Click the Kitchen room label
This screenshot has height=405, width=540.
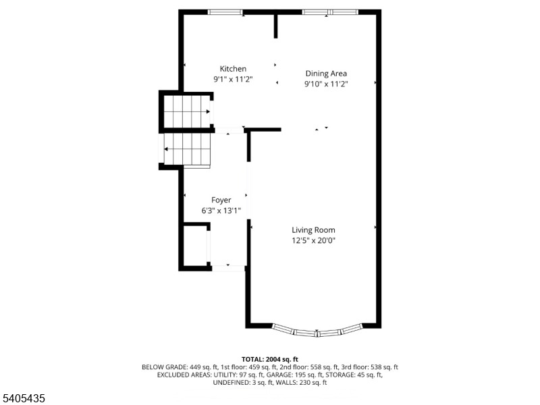pos(233,69)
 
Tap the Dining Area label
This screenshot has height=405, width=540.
pos(326,74)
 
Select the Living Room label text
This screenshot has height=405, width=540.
pos(313,230)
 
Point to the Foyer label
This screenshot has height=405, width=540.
pos(221,200)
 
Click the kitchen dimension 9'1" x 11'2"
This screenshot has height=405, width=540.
pos(233,80)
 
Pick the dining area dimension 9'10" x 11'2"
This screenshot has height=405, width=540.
pos(326,84)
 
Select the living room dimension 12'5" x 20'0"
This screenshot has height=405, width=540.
pos(313,240)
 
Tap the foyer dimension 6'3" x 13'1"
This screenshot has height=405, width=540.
pos(221,211)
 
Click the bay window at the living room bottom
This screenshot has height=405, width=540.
pos(317,331)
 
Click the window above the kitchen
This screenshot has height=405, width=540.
pos(225,12)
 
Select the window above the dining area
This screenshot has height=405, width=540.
pos(327,12)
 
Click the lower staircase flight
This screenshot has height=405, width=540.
pos(188,149)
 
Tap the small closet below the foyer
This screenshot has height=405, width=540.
pos(194,246)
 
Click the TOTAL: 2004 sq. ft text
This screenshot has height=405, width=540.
pos(269,359)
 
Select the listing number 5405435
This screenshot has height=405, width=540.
pos(24,399)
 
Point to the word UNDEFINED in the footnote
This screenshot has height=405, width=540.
pos(232,383)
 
